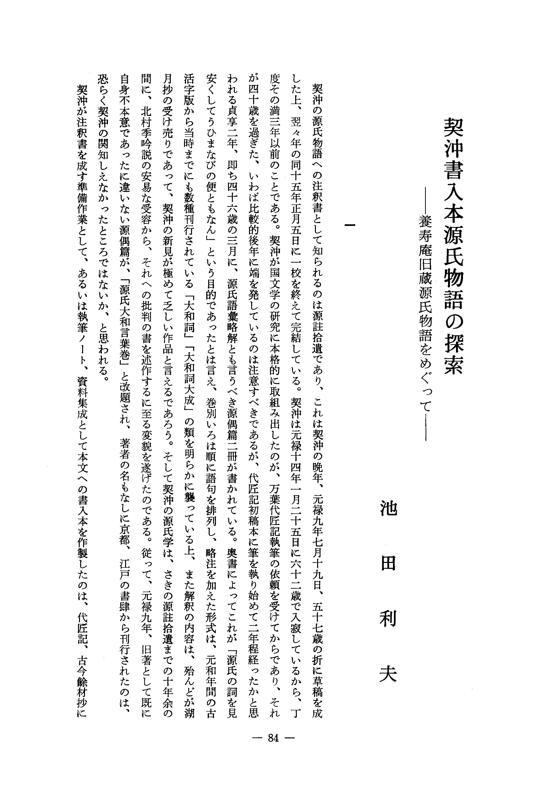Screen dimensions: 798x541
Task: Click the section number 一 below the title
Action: [x=350, y=225]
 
